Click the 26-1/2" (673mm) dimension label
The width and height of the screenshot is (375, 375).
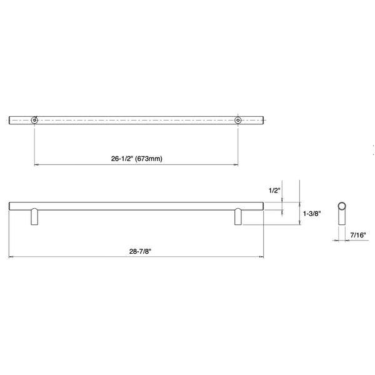(x=136, y=159)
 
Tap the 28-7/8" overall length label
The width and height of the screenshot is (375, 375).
(x=141, y=251)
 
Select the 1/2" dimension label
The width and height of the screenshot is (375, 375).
(x=274, y=191)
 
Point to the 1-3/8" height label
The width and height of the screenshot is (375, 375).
(x=312, y=214)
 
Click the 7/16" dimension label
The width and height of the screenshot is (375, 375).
(x=358, y=235)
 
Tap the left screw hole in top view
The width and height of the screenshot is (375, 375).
(x=34, y=120)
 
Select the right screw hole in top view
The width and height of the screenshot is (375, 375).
(x=237, y=120)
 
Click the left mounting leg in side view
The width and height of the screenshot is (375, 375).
(x=34, y=217)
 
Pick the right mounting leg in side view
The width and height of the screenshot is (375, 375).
(x=238, y=217)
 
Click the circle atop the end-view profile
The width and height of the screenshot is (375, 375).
(x=342, y=206)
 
